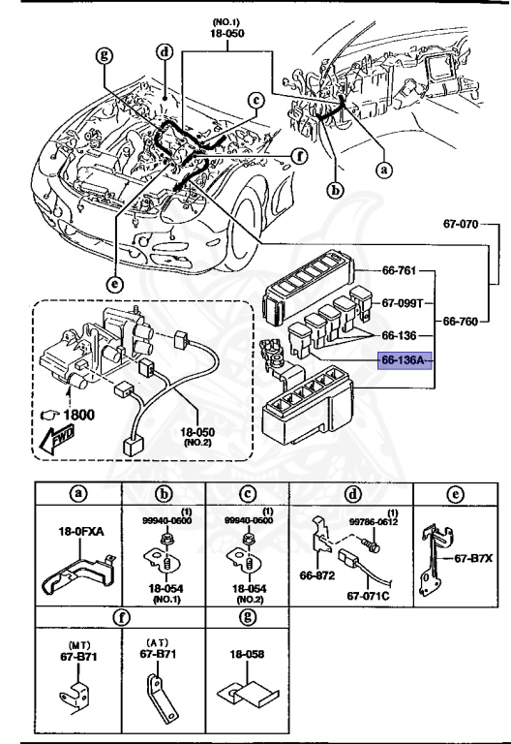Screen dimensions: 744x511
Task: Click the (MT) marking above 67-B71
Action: [x=77, y=642]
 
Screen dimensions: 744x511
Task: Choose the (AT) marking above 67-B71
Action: [x=157, y=642]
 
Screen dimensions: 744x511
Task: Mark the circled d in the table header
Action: [x=352, y=491]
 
